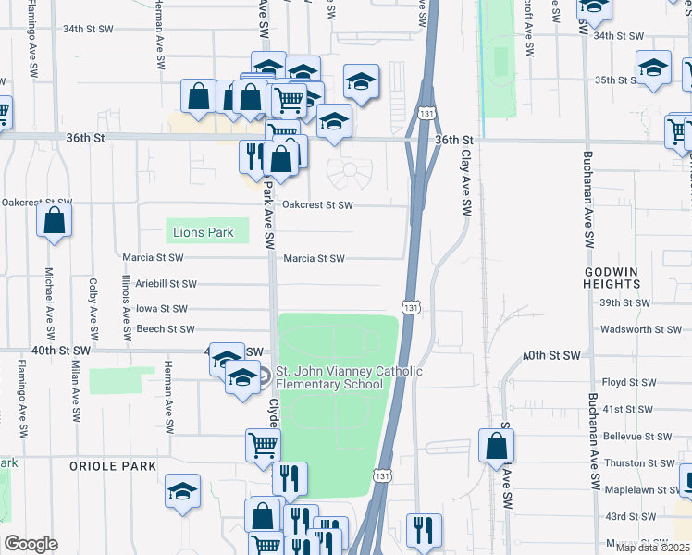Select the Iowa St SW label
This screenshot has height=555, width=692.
point(162,309)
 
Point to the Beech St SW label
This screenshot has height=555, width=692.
point(165,329)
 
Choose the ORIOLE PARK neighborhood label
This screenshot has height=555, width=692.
point(113,466)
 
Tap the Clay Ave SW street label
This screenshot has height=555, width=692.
point(467,175)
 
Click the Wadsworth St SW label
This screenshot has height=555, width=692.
point(640,329)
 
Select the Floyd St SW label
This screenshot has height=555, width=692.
point(629,382)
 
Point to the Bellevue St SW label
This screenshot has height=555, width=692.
point(637,436)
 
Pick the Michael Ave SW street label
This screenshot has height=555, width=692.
point(49,302)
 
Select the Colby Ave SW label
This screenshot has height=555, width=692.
point(93,309)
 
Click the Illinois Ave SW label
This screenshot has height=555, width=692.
point(126,305)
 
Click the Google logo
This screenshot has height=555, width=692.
point(31,544)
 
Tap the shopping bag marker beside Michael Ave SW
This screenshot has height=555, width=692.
point(55,223)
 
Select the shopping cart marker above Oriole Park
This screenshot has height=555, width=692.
point(263,446)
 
